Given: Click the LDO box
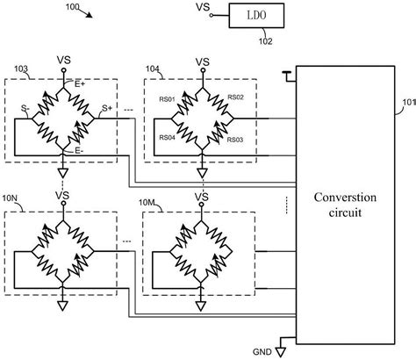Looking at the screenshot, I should (x=256, y=16).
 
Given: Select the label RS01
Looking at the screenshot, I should (x=167, y=99).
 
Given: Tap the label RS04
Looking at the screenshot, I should (x=167, y=138).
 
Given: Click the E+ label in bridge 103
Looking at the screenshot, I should (x=80, y=83).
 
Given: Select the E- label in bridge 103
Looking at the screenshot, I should (x=80, y=149).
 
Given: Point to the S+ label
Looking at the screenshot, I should (x=106, y=108).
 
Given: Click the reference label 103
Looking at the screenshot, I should (x=22, y=67).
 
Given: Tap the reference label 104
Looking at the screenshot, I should (x=152, y=67).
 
